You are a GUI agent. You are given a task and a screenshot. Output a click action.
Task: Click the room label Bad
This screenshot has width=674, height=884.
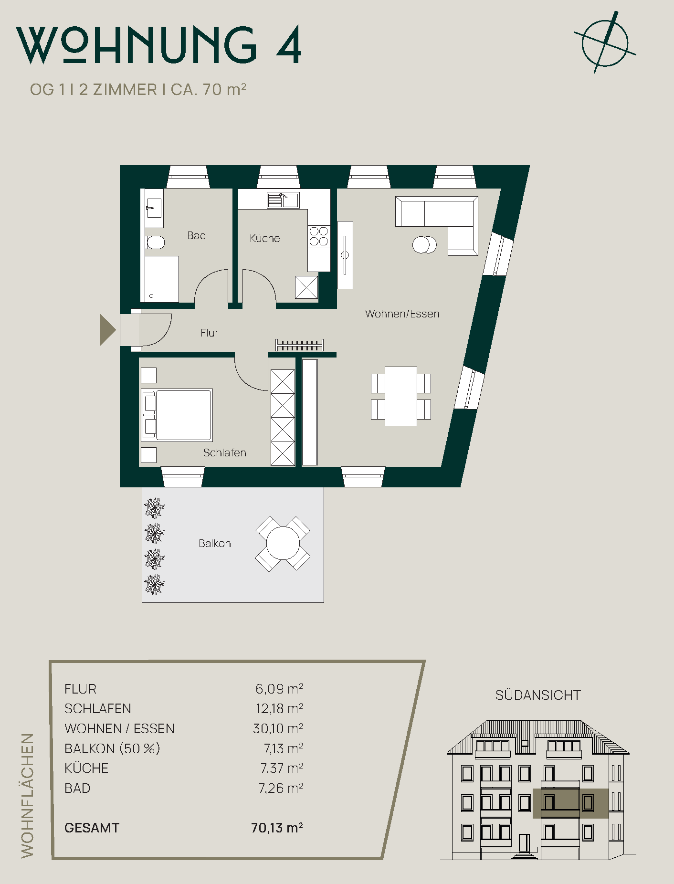[x=196, y=235]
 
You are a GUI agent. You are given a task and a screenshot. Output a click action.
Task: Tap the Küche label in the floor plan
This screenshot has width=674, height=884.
[x=265, y=238]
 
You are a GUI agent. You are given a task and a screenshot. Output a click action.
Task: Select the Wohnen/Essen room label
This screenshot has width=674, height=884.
[x=402, y=314]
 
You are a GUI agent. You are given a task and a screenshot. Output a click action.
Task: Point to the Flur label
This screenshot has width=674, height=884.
[x=209, y=333]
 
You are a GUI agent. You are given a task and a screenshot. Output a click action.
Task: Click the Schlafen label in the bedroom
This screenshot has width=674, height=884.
[x=224, y=453]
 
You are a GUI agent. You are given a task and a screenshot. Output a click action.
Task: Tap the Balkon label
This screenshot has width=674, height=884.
[x=215, y=543]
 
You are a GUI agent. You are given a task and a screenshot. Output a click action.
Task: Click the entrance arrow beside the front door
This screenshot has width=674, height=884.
[x=107, y=330]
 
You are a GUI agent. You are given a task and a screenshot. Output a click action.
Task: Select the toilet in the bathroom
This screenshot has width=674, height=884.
[x=155, y=243]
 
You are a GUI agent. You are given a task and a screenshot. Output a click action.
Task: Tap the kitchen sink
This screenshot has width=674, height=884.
[x=283, y=200]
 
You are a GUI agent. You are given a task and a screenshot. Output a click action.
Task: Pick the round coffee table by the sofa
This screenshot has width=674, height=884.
[x=424, y=245]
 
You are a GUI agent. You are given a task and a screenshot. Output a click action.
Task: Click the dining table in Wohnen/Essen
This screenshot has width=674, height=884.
[x=401, y=396]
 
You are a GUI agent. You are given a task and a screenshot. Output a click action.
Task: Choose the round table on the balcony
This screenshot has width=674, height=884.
[x=283, y=543]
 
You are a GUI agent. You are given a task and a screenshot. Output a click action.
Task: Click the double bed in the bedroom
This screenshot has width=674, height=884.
[x=177, y=415]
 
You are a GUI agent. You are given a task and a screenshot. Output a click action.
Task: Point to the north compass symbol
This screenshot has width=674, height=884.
[x=605, y=43]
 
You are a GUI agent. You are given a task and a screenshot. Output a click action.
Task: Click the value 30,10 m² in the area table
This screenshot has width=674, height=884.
[x=278, y=728]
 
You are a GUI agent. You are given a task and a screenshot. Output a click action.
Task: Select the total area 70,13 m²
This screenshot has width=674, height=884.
[x=277, y=828]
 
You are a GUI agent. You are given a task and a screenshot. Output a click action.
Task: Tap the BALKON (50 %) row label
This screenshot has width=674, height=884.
[x=112, y=748]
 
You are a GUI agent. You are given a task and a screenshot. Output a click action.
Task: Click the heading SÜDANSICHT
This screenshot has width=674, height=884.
[x=538, y=695]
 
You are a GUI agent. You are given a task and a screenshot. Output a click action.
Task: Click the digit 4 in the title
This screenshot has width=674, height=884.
[x=289, y=44]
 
